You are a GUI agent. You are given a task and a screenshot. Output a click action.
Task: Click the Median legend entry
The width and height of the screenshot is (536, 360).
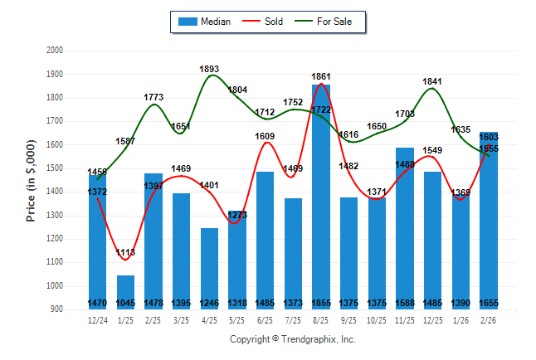tap(204, 22)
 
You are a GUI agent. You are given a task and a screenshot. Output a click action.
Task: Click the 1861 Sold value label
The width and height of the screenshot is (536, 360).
tap(321, 77)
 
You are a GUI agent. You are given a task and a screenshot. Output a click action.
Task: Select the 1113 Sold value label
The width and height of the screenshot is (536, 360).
tap(125, 252)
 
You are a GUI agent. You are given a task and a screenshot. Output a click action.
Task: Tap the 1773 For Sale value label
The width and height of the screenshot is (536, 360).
tap(153, 97)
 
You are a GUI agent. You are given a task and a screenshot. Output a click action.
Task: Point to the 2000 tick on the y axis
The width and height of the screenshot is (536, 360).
tap(55, 51)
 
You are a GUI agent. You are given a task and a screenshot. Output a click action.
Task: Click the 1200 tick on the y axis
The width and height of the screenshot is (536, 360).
tap(55, 239)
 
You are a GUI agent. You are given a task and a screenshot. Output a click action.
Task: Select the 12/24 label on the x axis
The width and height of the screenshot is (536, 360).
tap(97, 319)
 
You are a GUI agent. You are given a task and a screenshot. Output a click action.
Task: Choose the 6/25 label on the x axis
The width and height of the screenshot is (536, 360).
tap(265, 319)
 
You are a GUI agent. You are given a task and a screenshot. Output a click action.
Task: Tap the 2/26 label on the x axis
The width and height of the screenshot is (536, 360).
tap(489, 319)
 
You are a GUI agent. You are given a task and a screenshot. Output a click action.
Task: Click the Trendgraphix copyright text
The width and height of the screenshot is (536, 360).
tap(292, 339)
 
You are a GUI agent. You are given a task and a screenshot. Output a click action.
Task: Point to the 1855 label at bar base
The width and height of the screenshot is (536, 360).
tap(321, 304)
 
